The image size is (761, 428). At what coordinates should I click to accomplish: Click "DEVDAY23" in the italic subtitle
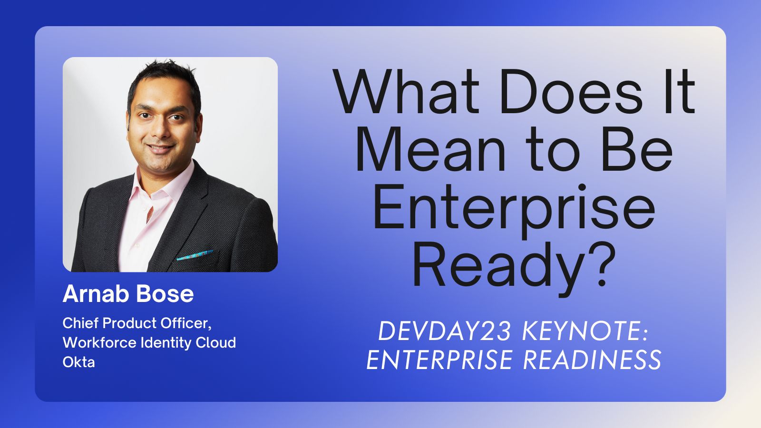point(445,331)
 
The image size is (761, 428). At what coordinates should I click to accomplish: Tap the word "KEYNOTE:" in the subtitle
point(585,331)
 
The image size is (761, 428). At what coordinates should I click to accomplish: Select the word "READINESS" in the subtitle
point(592,360)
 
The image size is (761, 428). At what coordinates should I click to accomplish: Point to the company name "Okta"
point(78,362)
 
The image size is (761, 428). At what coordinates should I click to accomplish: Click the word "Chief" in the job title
point(80,323)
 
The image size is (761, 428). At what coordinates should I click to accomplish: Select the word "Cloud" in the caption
point(216,342)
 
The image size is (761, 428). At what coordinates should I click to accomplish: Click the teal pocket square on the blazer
point(195,255)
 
